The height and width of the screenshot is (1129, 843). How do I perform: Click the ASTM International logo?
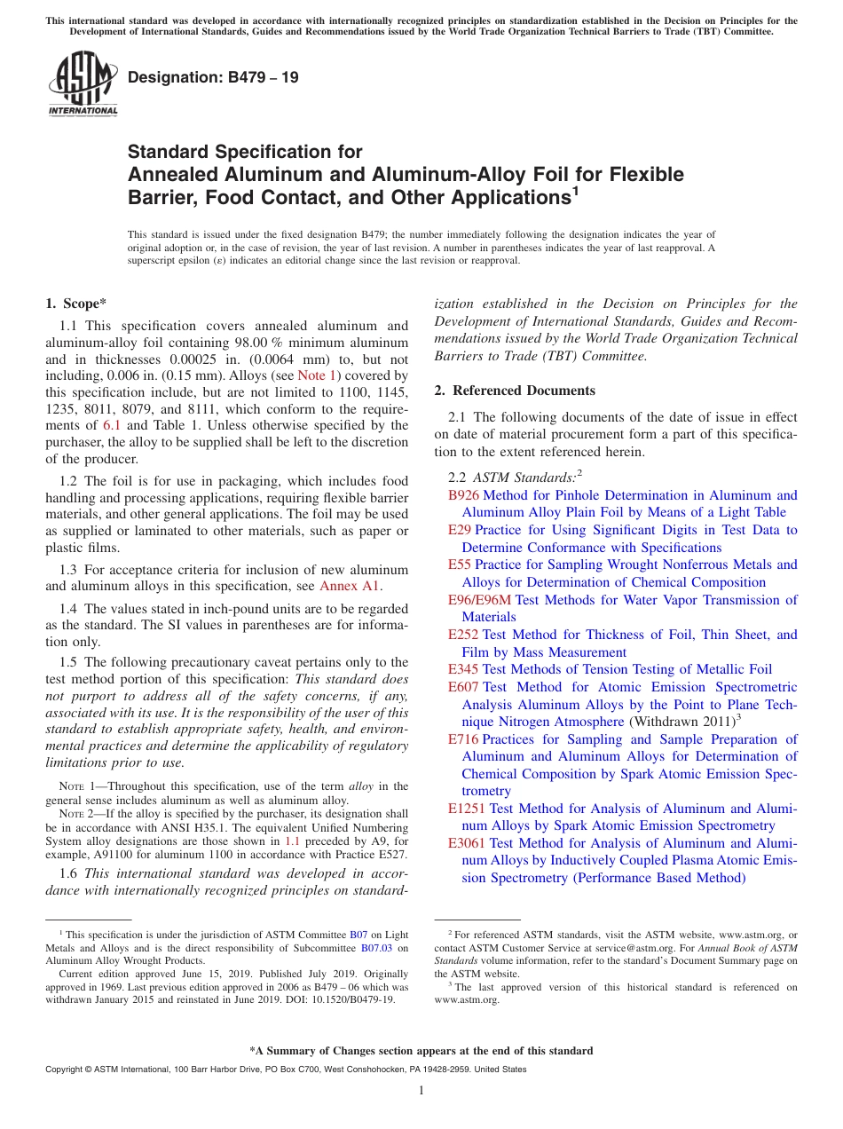tap(83, 83)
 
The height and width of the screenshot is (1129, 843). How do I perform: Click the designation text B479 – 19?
tap(213, 77)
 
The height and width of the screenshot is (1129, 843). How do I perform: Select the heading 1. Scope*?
tap(76, 304)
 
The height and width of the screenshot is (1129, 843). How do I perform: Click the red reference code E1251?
tap(467, 809)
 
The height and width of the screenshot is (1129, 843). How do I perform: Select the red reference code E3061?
tap(467, 843)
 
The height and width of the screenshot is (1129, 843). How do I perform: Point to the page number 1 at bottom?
tap(421, 1091)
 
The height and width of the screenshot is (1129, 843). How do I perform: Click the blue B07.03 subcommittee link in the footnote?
tap(376, 947)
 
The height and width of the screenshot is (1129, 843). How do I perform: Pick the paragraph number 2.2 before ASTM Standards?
tap(458, 478)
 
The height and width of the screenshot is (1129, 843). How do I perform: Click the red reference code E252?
tap(463, 635)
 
